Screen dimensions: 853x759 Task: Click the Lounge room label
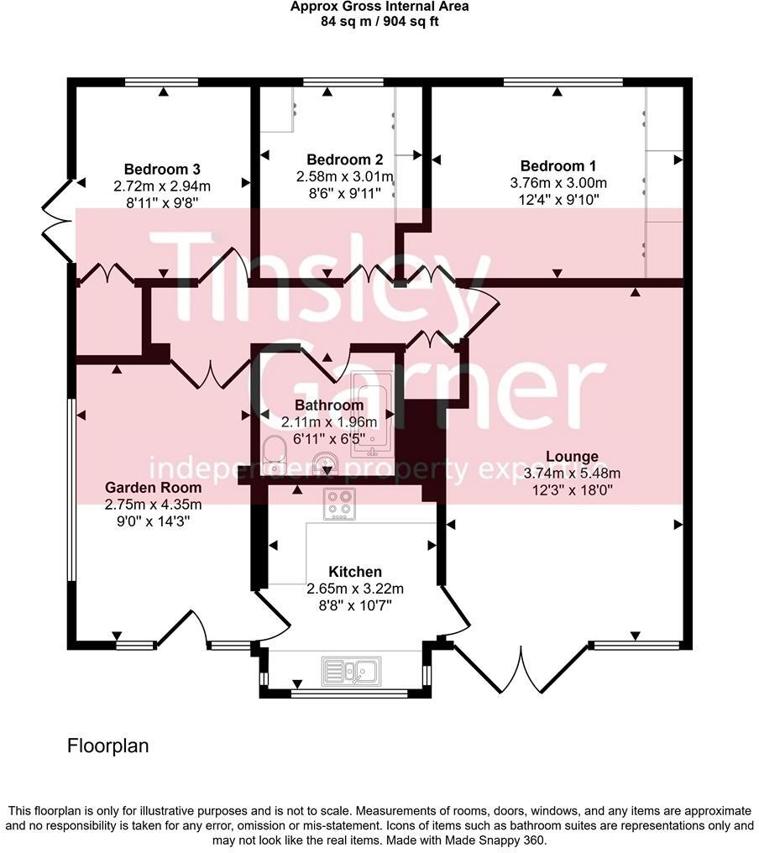(572, 457)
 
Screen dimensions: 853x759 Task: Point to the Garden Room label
(153, 487)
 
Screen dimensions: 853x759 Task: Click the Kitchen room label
(355, 571)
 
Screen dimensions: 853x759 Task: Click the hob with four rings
(340, 503)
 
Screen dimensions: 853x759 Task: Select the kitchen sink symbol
(352, 669)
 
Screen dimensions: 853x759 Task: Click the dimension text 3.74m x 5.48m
(573, 473)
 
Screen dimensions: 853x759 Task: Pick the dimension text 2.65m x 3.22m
(355, 588)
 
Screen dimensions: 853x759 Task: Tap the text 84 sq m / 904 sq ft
(379, 21)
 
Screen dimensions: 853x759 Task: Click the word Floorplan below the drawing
(107, 746)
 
